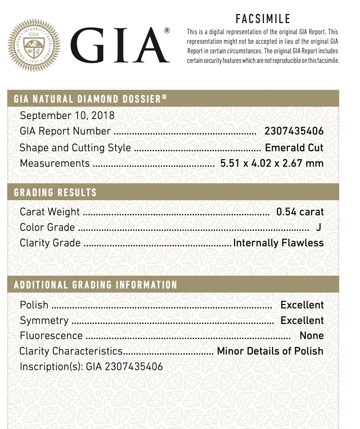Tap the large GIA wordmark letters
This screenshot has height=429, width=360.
click(x=118, y=45)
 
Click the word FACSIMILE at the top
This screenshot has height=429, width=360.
click(x=263, y=19)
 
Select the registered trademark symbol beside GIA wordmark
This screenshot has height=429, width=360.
click(x=167, y=31)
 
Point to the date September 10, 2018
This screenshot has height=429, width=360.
click(x=67, y=115)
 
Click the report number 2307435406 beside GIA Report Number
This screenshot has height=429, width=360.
click(x=294, y=131)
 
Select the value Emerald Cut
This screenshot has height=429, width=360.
click(x=294, y=148)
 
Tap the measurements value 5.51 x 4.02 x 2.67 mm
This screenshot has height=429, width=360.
click(x=272, y=163)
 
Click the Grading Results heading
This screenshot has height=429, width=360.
click(x=55, y=193)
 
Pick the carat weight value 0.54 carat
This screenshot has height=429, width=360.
click(x=300, y=212)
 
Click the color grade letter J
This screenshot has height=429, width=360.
click(x=318, y=227)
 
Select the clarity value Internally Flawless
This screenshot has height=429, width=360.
click(x=278, y=243)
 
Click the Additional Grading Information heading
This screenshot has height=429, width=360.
click(x=96, y=285)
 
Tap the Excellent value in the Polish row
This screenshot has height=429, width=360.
click(x=302, y=305)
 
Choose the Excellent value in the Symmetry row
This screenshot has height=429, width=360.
click(x=302, y=320)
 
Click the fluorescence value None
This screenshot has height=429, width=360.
click(x=311, y=336)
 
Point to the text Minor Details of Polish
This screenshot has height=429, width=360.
click(x=270, y=351)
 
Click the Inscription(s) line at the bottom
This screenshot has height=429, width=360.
click(x=91, y=367)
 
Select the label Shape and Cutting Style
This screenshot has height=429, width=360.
click(x=75, y=148)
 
